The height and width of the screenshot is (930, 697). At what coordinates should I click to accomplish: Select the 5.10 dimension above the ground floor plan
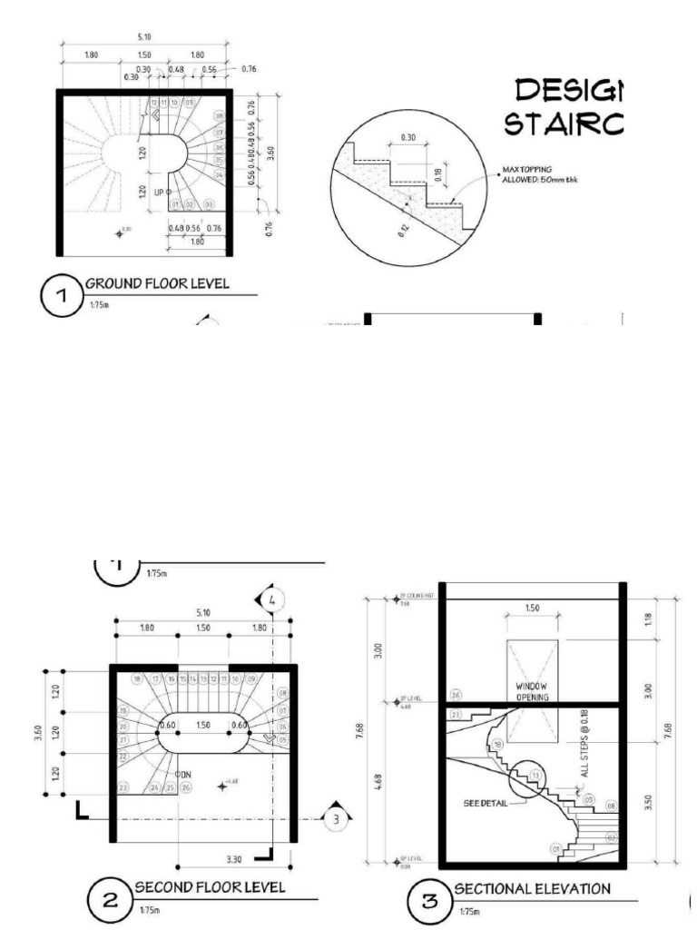coord(145,38)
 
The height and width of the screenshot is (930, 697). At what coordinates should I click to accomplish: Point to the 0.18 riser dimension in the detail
coord(437,173)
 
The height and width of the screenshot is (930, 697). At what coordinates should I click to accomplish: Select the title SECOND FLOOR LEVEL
coord(211,886)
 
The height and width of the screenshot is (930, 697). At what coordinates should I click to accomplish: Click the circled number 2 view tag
coord(110,901)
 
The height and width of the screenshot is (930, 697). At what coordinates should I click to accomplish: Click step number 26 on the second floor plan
coord(184,787)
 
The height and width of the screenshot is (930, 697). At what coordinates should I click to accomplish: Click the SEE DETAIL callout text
coord(483,803)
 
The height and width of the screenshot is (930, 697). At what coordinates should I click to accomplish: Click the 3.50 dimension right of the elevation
coord(648,803)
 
